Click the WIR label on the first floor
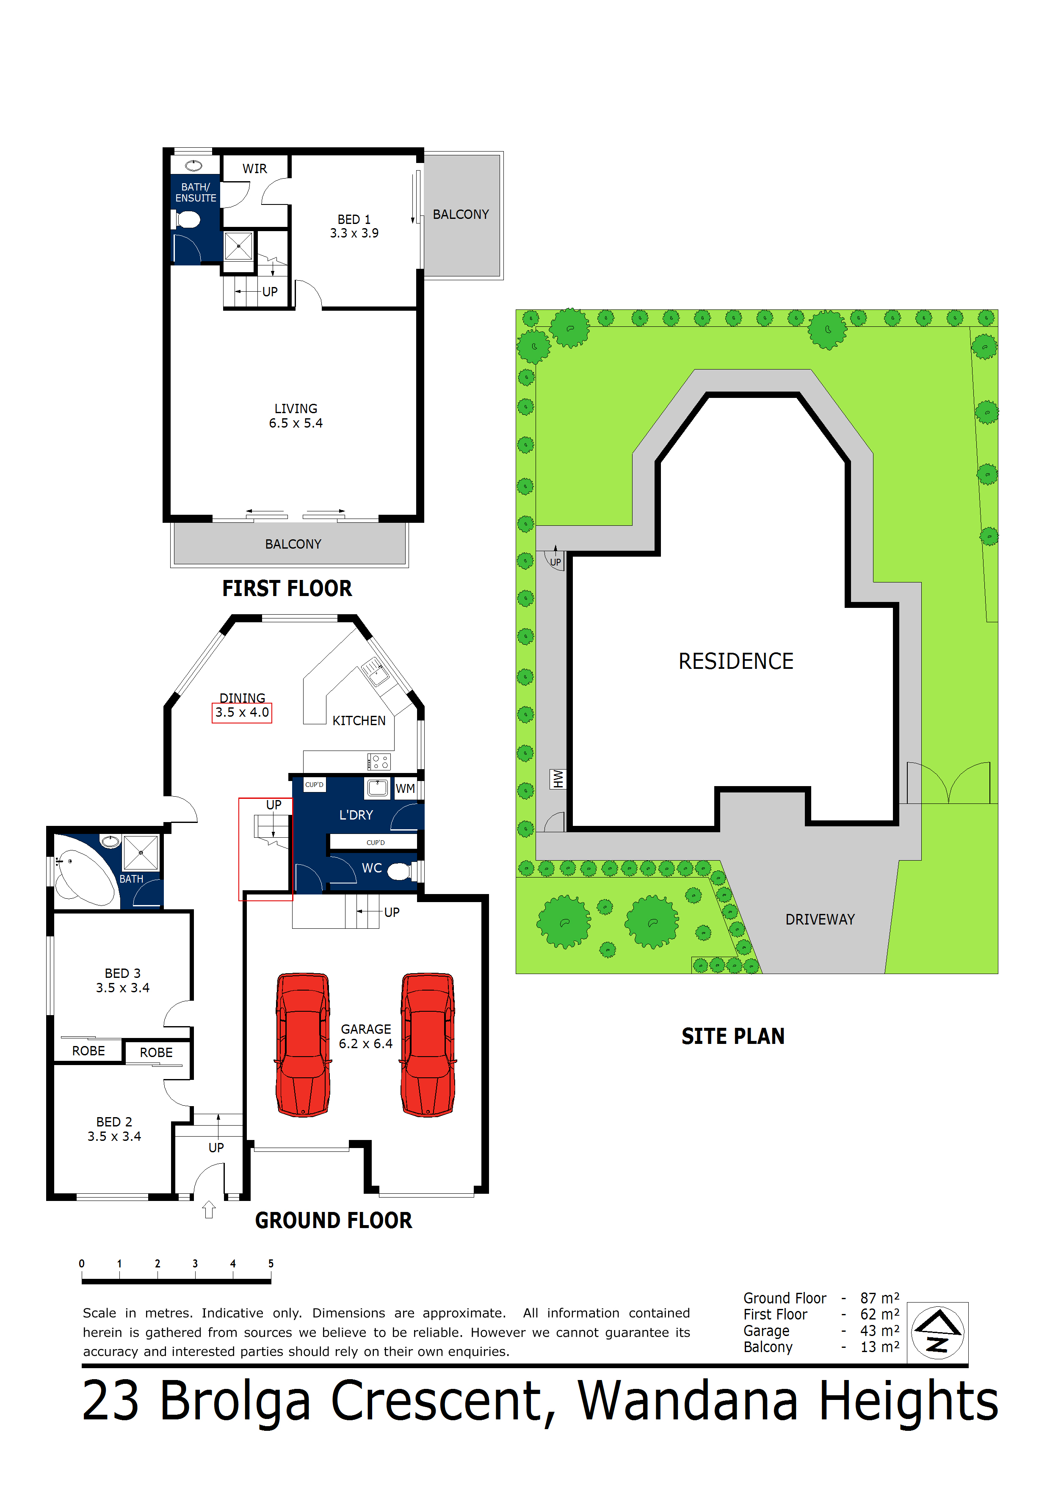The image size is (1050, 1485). pyautogui.click(x=254, y=169)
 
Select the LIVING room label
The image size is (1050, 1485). pyautogui.click(x=296, y=409)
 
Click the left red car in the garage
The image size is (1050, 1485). pyautogui.click(x=303, y=1045)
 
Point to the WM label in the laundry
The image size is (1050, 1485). pyautogui.click(x=405, y=788)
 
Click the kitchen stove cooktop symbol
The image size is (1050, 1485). pyautogui.click(x=379, y=761)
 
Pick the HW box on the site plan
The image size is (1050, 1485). pyautogui.click(x=558, y=779)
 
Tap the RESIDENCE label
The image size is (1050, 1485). pyautogui.click(x=735, y=661)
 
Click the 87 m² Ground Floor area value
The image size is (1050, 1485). pyautogui.click(x=879, y=1298)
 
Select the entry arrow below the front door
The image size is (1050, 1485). pyautogui.click(x=209, y=1209)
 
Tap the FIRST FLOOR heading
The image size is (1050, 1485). pyautogui.click(x=287, y=588)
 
